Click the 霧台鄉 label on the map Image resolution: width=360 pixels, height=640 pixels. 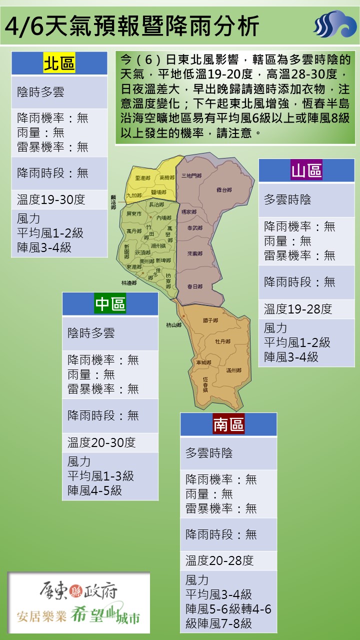pyautogui.click(x=224, y=190)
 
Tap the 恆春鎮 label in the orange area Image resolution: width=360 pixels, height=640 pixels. pyautogui.click(x=205, y=383)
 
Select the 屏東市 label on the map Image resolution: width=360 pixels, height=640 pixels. pyautogui.click(x=134, y=213)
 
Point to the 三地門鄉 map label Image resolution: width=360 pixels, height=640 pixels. pyautogui.click(x=191, y=175)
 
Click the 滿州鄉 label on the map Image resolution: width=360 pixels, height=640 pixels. pyautogui.click(x=233, y=370)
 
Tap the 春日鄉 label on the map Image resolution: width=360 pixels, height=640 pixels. pyautogui.click(x=194, y=286)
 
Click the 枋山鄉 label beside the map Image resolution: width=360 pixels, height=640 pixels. pyautogui.click(x=173, y=325)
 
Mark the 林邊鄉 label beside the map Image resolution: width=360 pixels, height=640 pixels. pyautogui.click(x=128, y=283)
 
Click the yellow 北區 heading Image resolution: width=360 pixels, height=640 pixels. pyautogui.click(x=59, y=64)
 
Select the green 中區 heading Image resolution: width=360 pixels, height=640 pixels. pyautogui.click(x=110, y=303)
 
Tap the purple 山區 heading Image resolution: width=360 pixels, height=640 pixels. pyautogui.click(x=306, y=171)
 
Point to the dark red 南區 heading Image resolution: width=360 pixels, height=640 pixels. pyautogui.click(x=228, y=424)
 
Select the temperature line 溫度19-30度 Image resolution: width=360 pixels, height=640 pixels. pyautogui.click(x=51, y=199)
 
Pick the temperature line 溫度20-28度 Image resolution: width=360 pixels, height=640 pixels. pyautogui.click(x=219, y=560)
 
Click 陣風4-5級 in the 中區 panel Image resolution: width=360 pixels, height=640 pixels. pyautogui.click(x=94, y=490)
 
